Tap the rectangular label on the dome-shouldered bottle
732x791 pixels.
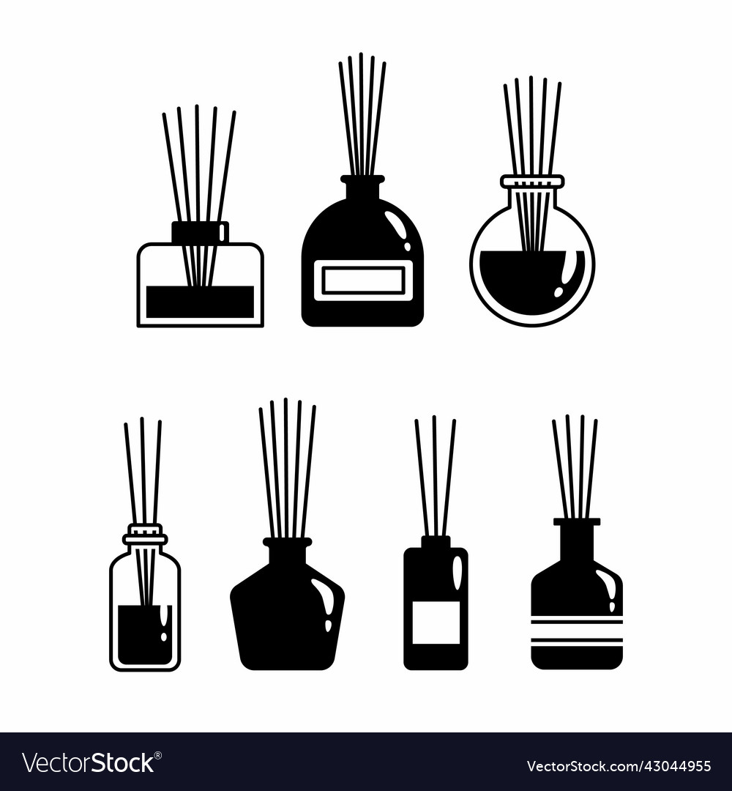pos(363,281)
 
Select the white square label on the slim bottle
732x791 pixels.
pos(436,622)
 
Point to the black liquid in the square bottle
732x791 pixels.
pos(200,302)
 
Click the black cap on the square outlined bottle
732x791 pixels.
pos(200,232)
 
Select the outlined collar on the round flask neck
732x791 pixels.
pos(532,181)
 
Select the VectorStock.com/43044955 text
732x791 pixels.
pos(619,766)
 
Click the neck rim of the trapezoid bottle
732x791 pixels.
pos(288,542)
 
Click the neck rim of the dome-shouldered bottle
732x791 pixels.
pos(362,179)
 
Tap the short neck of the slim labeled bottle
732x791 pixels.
pos(436,542)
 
